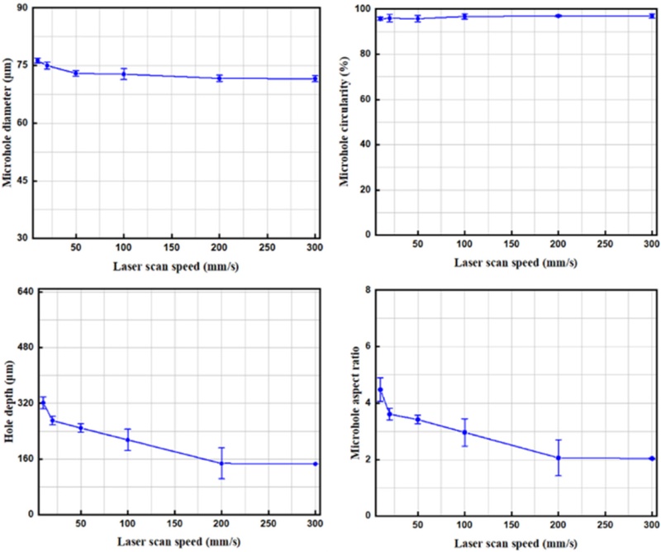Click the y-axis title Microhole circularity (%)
(351, 121)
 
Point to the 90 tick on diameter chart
(24, 8)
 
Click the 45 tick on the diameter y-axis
(24, 180)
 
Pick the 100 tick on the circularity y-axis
(360, 9)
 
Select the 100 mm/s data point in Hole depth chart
(127, 440)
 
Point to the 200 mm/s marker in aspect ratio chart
(559, 458)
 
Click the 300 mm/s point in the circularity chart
(652, 16)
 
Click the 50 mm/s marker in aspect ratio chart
(418, 420)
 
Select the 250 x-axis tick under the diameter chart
(268, 247)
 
